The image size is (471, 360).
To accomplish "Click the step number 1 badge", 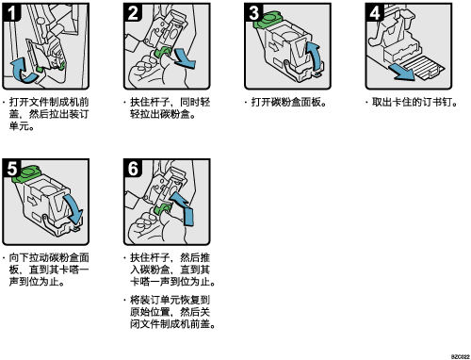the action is pyautogui.click(x=11, y=12).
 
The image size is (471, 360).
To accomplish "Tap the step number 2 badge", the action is pyautogui.click(x=133, y=12).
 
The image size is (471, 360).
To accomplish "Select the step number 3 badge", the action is pyautogui.click(x=253, y=12).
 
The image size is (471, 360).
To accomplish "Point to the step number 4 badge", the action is pyautogui.click(x=375, y=12).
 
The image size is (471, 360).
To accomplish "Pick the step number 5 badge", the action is pyautogui.click(x=11, y=168).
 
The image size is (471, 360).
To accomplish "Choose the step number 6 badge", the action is pyautogui.click(x=133, y=168).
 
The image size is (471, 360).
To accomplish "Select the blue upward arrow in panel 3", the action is pyautogui.click(x=315, y=57).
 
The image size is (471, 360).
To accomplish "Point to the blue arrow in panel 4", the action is pyautogui.click(x=402, y=72).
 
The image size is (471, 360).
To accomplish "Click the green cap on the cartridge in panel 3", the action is pyautogui.click(x=268, y=20).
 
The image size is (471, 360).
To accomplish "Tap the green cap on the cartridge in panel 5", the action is pyautogui.click(x=26, y=174).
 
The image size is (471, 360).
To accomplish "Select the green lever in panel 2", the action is pyautogui.click(x=163, y=53).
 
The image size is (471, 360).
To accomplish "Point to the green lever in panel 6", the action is pyautogui.click(x=163, y=208).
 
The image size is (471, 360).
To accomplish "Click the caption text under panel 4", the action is pyautogui.click(x=414, y=102).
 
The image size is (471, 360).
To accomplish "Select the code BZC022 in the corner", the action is pyautogui.click(x=461, y=356).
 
